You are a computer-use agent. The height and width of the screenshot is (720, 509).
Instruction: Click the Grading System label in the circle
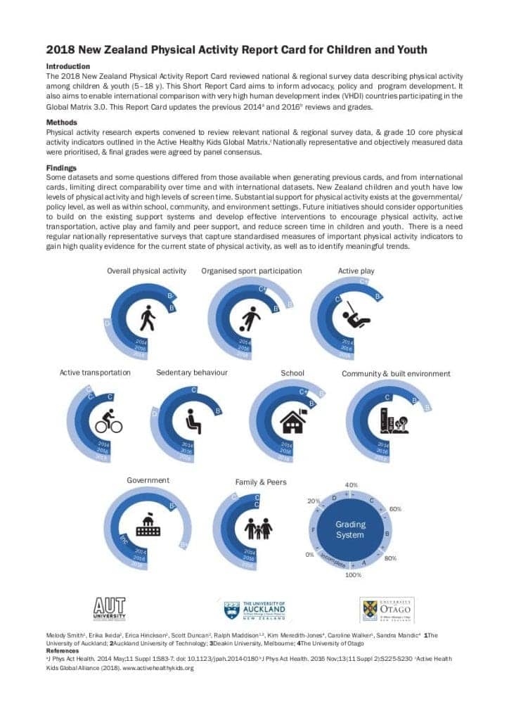click(x=349, y=529)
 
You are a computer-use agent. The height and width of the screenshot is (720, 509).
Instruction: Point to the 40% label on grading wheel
click(x=352, y=485)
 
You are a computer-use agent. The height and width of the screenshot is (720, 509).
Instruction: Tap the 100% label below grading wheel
click(x=353, y=575)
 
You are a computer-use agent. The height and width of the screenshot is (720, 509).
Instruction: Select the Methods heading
click(x=62, y=122)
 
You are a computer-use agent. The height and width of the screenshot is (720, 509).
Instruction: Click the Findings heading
click(x=61, y=168)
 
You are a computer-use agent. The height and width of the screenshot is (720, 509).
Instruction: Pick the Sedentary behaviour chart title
click(x=192, y=373)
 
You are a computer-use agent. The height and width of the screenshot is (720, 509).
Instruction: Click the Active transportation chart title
click(x=95, y=373)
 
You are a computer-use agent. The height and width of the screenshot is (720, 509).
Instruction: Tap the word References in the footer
click(x=62, y=651)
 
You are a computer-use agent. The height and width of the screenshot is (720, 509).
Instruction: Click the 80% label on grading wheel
click(x=391, y=558)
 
